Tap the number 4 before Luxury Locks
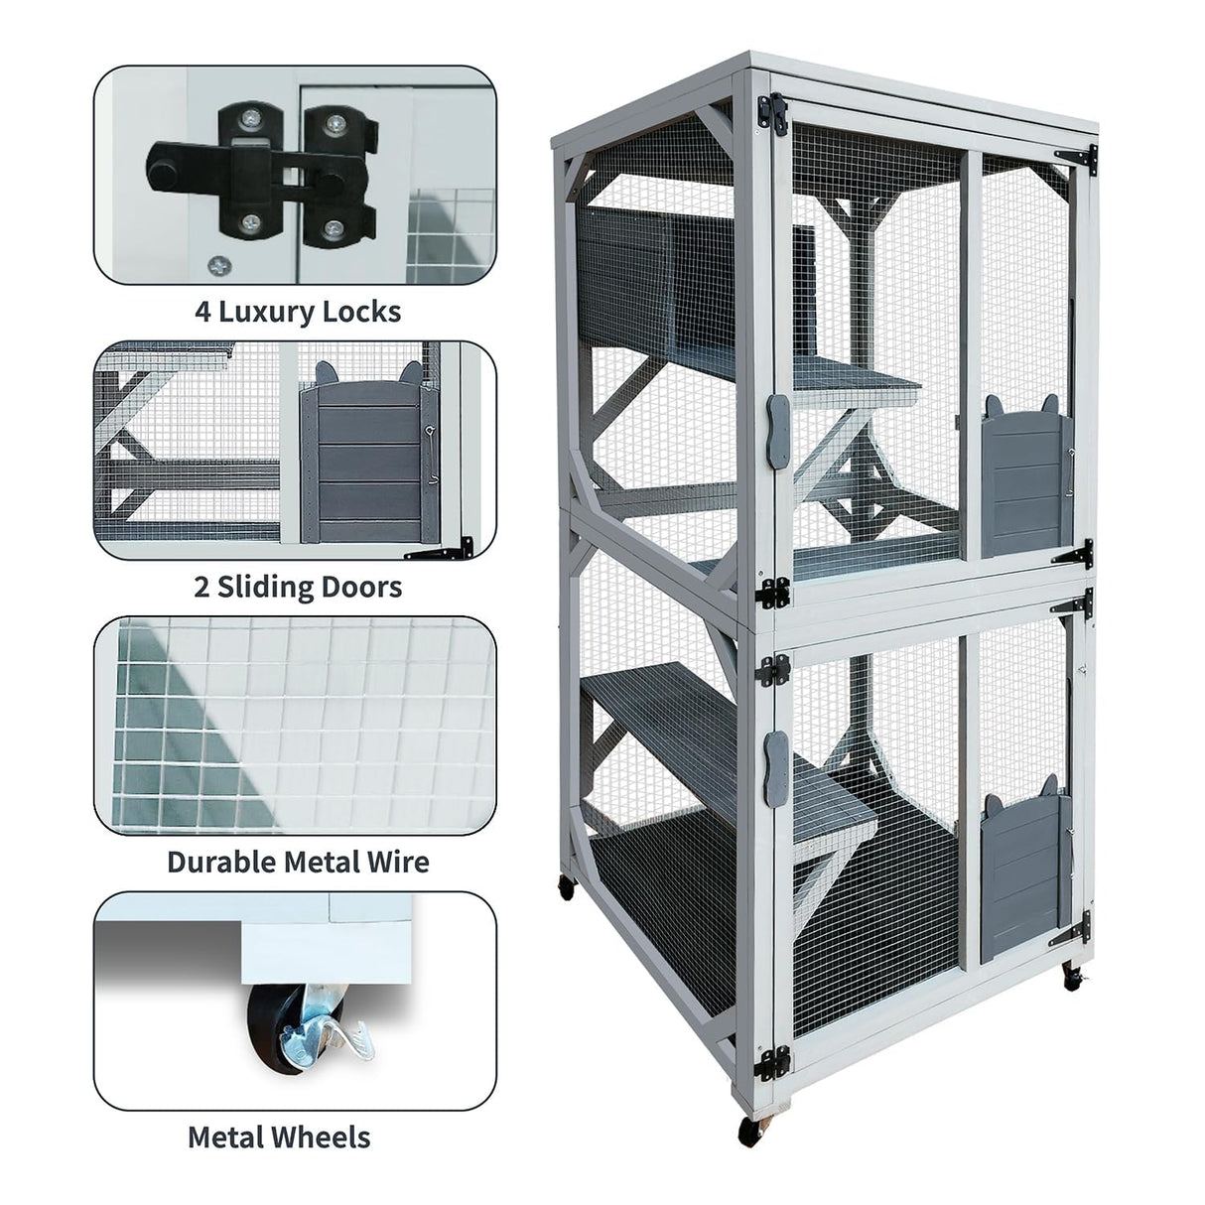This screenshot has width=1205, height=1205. (202, 312)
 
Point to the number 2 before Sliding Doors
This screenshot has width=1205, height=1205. (202, 587)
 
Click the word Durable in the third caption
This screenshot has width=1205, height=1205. (221, 861)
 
